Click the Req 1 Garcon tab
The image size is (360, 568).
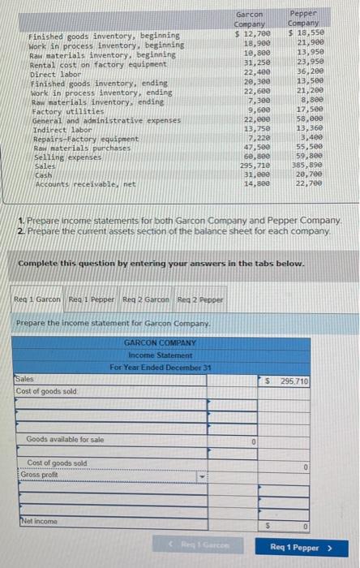(x=37, y=299)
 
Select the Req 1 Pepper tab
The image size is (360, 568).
(x=91, y=299)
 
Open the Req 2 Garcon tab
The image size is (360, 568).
(x=146, y=299)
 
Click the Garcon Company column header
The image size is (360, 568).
(x=250, y=19)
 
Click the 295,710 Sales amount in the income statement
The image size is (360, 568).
(x=294, y=381)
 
